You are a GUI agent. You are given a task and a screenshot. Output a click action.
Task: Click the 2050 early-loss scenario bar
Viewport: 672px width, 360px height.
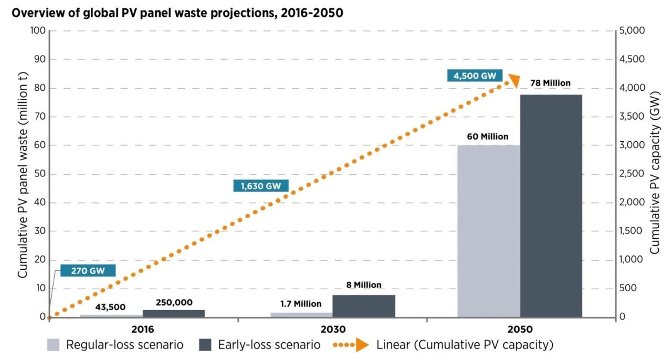(x=551, y=206)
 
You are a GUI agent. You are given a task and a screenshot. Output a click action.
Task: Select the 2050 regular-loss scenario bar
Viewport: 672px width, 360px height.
(x=488, y=231)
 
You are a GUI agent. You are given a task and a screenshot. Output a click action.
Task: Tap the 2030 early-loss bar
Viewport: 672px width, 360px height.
(x=363, y=306)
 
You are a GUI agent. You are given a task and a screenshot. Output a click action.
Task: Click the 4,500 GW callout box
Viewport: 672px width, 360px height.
(x=475, y=76)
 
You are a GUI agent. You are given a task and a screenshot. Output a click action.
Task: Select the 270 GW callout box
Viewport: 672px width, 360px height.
(x=87, y=271)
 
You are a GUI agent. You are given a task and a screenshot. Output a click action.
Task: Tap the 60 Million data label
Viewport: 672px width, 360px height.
(x=488, y=136)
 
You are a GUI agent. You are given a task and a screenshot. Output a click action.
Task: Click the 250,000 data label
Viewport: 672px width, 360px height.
(x=174, y=302)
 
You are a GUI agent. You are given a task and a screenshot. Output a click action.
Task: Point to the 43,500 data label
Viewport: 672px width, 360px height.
(x=110, y=307)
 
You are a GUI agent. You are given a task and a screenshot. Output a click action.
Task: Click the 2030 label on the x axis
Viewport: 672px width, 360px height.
(x=332, y=330)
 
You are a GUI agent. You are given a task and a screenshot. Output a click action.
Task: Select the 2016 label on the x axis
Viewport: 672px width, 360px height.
(x=143, y=330)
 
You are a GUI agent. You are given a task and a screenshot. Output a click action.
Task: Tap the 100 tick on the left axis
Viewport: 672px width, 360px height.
(x=37, y=30)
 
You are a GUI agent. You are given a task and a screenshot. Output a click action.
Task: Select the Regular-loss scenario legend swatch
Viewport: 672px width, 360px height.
(x=55, y=345)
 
